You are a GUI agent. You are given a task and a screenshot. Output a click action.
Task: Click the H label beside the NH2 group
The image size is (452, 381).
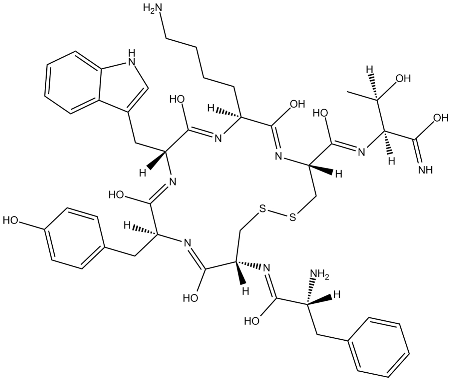(x=337, y=295)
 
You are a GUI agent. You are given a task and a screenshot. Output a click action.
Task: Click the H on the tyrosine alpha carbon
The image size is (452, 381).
(x=129, y=225)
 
